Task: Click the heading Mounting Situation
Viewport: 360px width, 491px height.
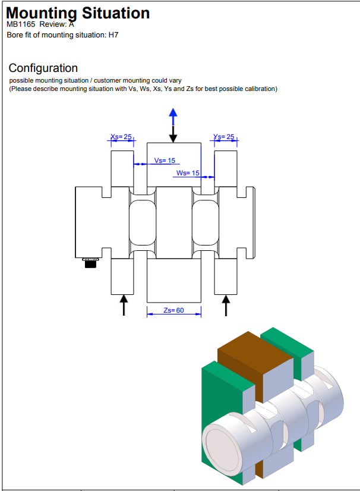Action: (78, 12)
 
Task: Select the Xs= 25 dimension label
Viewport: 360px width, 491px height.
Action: (121, 137)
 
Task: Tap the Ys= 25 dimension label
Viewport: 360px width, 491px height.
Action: (224, 137)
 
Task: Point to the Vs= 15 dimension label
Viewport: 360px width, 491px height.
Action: (165, 160)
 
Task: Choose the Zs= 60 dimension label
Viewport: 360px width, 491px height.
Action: (173, 310)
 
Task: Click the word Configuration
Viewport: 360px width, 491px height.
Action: (43, 68)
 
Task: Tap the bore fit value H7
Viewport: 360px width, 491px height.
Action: (113, 35)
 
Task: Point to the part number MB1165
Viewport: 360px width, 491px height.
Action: (21, 25)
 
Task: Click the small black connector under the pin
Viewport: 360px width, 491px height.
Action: (90, 263)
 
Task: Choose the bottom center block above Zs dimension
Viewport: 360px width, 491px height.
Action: (173, 281)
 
